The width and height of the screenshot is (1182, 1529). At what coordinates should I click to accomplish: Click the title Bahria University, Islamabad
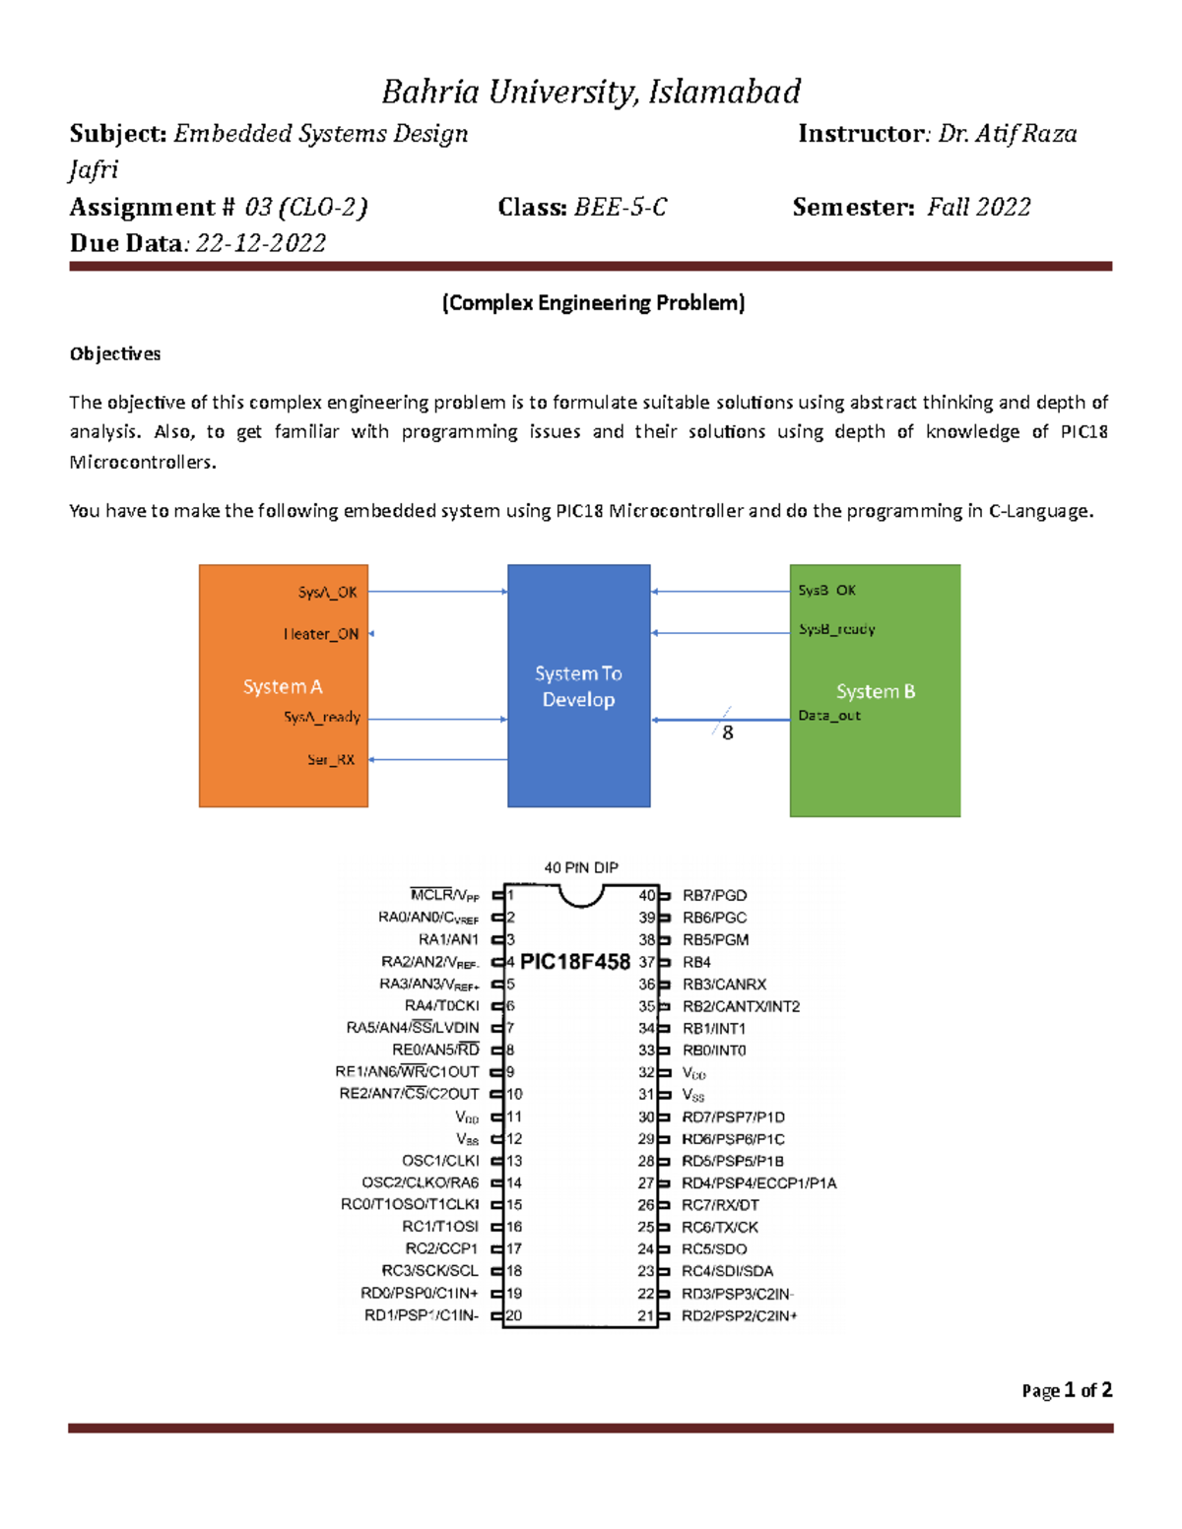click(x=591, y=92)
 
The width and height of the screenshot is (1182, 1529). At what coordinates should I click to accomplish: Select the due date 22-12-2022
click(x=261, y=243)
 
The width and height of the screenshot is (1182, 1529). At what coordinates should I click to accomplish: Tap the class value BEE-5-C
click(x=621, y=207)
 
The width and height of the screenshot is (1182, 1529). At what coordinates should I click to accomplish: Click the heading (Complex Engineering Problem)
click(x=593, y=302)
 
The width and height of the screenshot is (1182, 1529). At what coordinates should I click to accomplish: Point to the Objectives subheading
click(x=114, y=353)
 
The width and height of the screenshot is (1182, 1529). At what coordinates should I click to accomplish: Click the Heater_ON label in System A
click(x=321, y=634)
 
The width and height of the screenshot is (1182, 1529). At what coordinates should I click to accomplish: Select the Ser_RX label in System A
click(x=331, y=759)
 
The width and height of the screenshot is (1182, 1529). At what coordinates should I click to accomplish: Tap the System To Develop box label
click(x=578, y=686)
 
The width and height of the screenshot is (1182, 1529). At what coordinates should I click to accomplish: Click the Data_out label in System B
click(x=829, y=716)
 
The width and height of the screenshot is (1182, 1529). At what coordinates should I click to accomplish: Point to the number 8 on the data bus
click(x=728, y=733)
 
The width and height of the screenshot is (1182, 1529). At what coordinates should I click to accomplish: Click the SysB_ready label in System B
click(x=836, y=629)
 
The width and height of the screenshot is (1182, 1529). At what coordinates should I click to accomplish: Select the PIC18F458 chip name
click(x=575, y=962)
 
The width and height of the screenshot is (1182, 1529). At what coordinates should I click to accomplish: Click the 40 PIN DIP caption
click(x=581, y=867)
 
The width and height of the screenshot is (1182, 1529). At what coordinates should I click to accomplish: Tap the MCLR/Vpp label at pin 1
click(x=444, y=895)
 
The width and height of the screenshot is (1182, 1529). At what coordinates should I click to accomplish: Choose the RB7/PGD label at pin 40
click(x=714, y=895)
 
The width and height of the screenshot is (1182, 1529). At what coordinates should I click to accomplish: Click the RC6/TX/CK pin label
click(x=720, y=1227)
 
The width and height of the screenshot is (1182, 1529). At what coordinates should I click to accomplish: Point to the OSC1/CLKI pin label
click(x=440, y=1161)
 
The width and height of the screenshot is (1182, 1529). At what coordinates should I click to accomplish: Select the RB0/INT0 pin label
click(x=714, y=1051)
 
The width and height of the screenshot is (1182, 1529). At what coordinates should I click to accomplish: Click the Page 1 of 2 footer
click(x=1067, y=1390)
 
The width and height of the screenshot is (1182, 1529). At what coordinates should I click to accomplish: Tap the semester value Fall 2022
click(x=979, y=207)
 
